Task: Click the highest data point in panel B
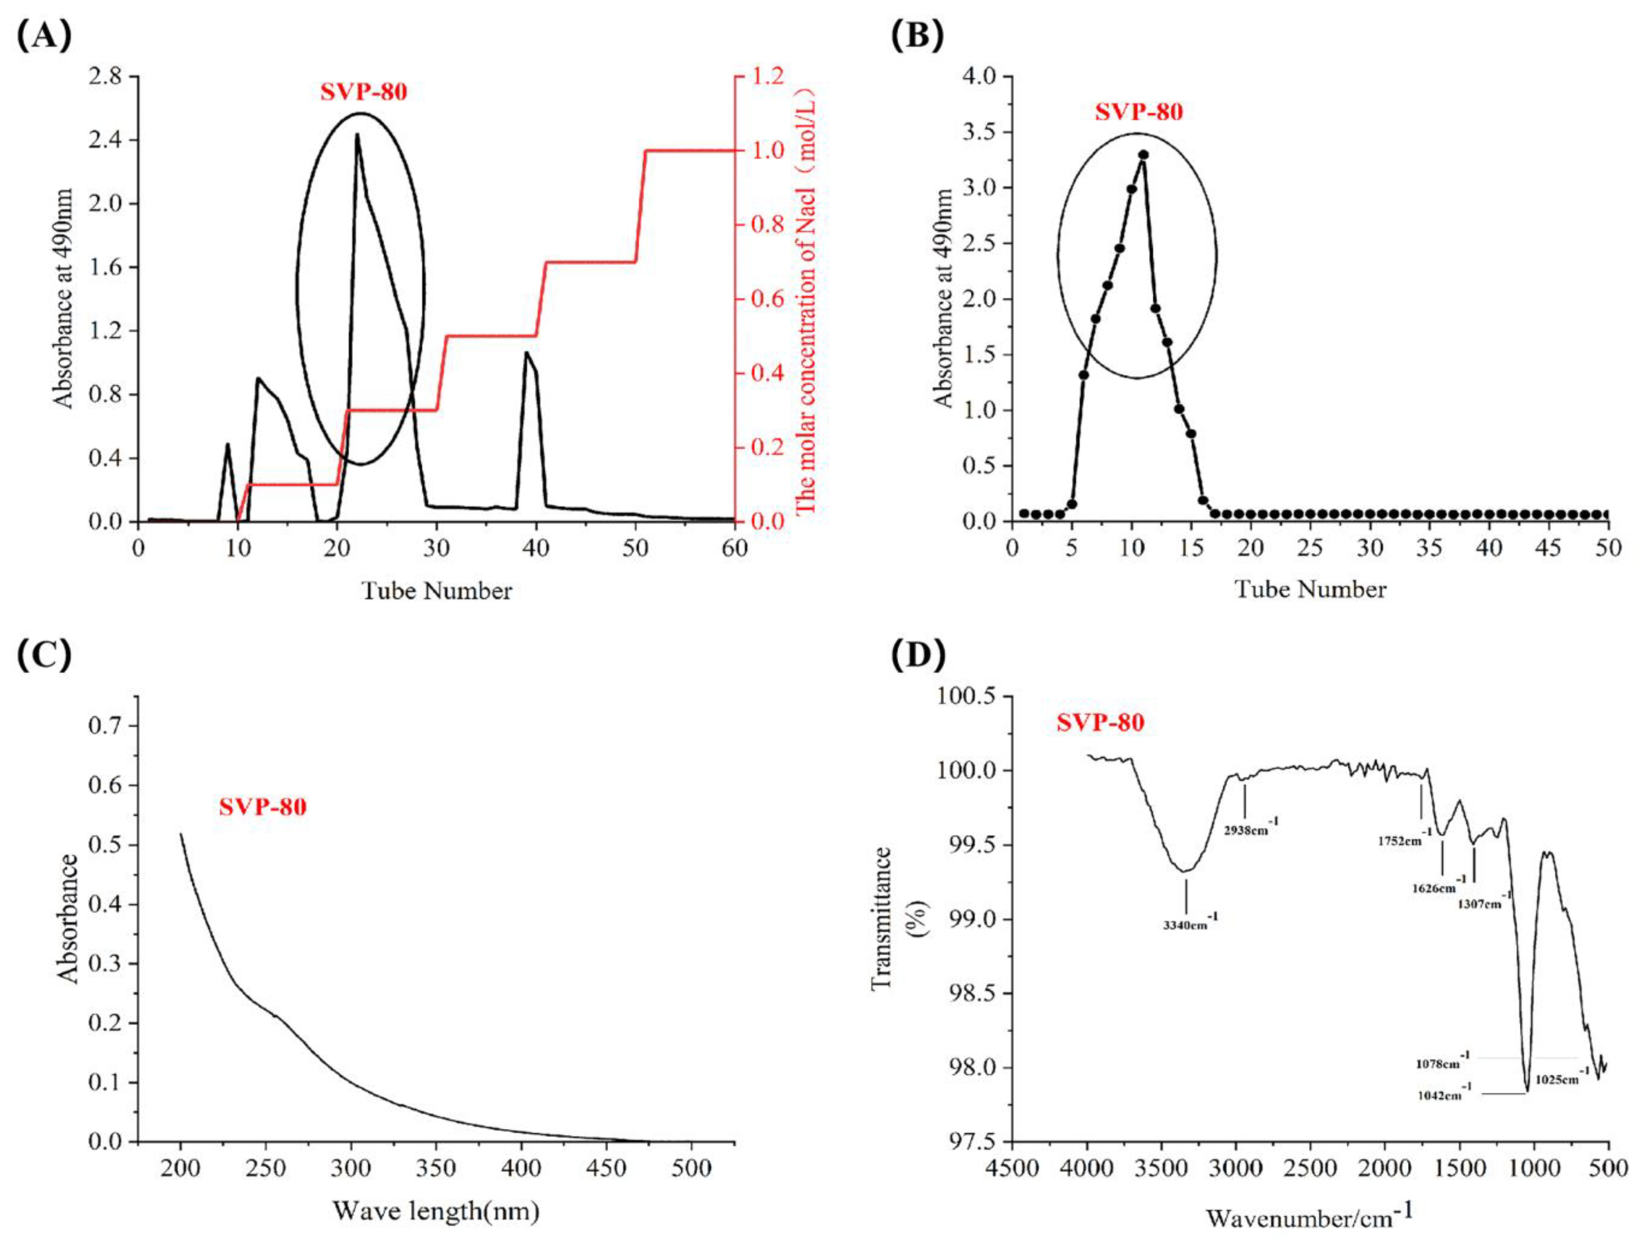click(1143, 155)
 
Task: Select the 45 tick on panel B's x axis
click(1549, 549)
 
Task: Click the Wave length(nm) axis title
click(436, 1212)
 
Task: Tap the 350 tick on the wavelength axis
click(436, 1168)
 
